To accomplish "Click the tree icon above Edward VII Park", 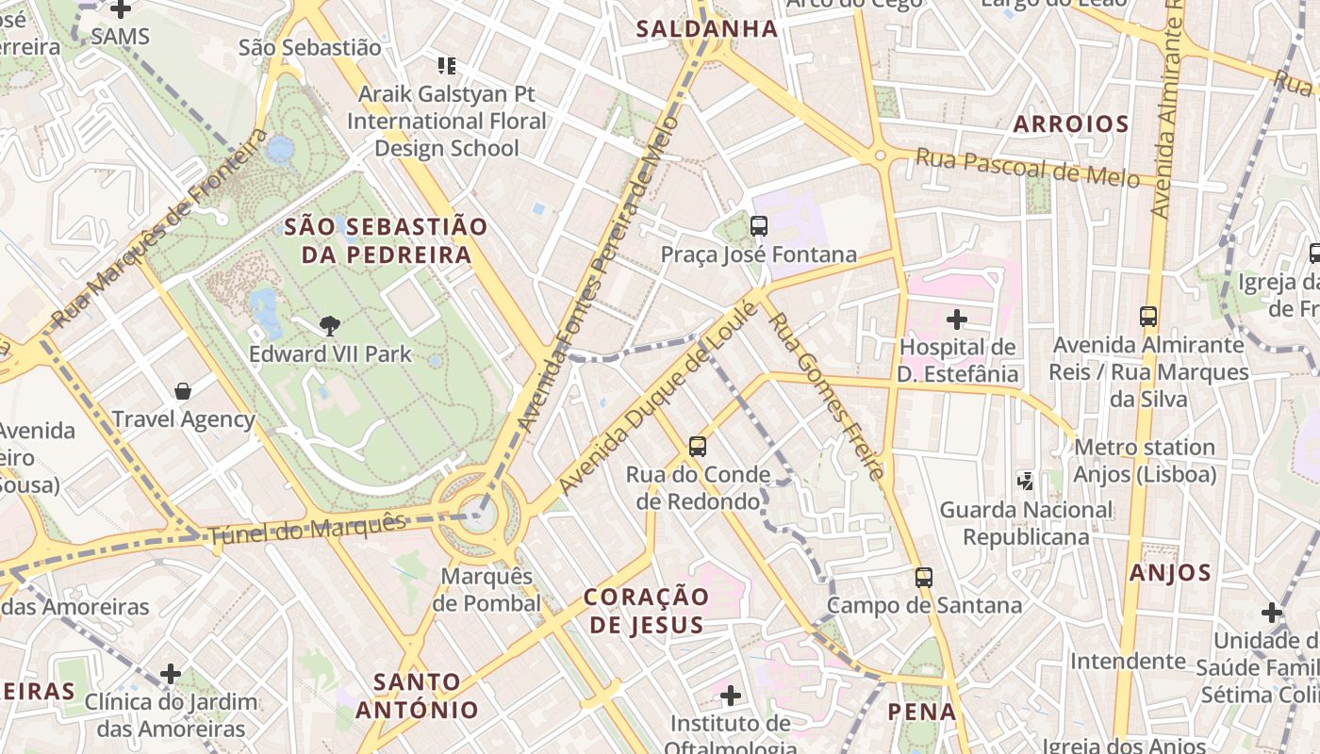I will [330, 326].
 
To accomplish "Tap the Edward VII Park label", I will [330, 354].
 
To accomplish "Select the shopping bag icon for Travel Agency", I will [183, 390].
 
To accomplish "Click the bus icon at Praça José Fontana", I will [758, 226].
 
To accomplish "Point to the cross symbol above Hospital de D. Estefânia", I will [957, 320].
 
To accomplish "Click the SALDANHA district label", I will [707, 29].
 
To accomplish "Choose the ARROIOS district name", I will [1071, 124].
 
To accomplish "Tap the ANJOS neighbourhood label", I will [1170, 573].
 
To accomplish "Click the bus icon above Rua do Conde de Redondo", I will [697, 447].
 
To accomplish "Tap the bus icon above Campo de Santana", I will [924, 577].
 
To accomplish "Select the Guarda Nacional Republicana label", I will [1026, 523].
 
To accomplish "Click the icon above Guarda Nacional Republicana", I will [1026, 482].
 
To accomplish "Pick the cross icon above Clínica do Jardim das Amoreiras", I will [171, 674].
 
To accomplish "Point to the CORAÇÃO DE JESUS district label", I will [646, 611].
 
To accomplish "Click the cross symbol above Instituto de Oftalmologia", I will [730, 697].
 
